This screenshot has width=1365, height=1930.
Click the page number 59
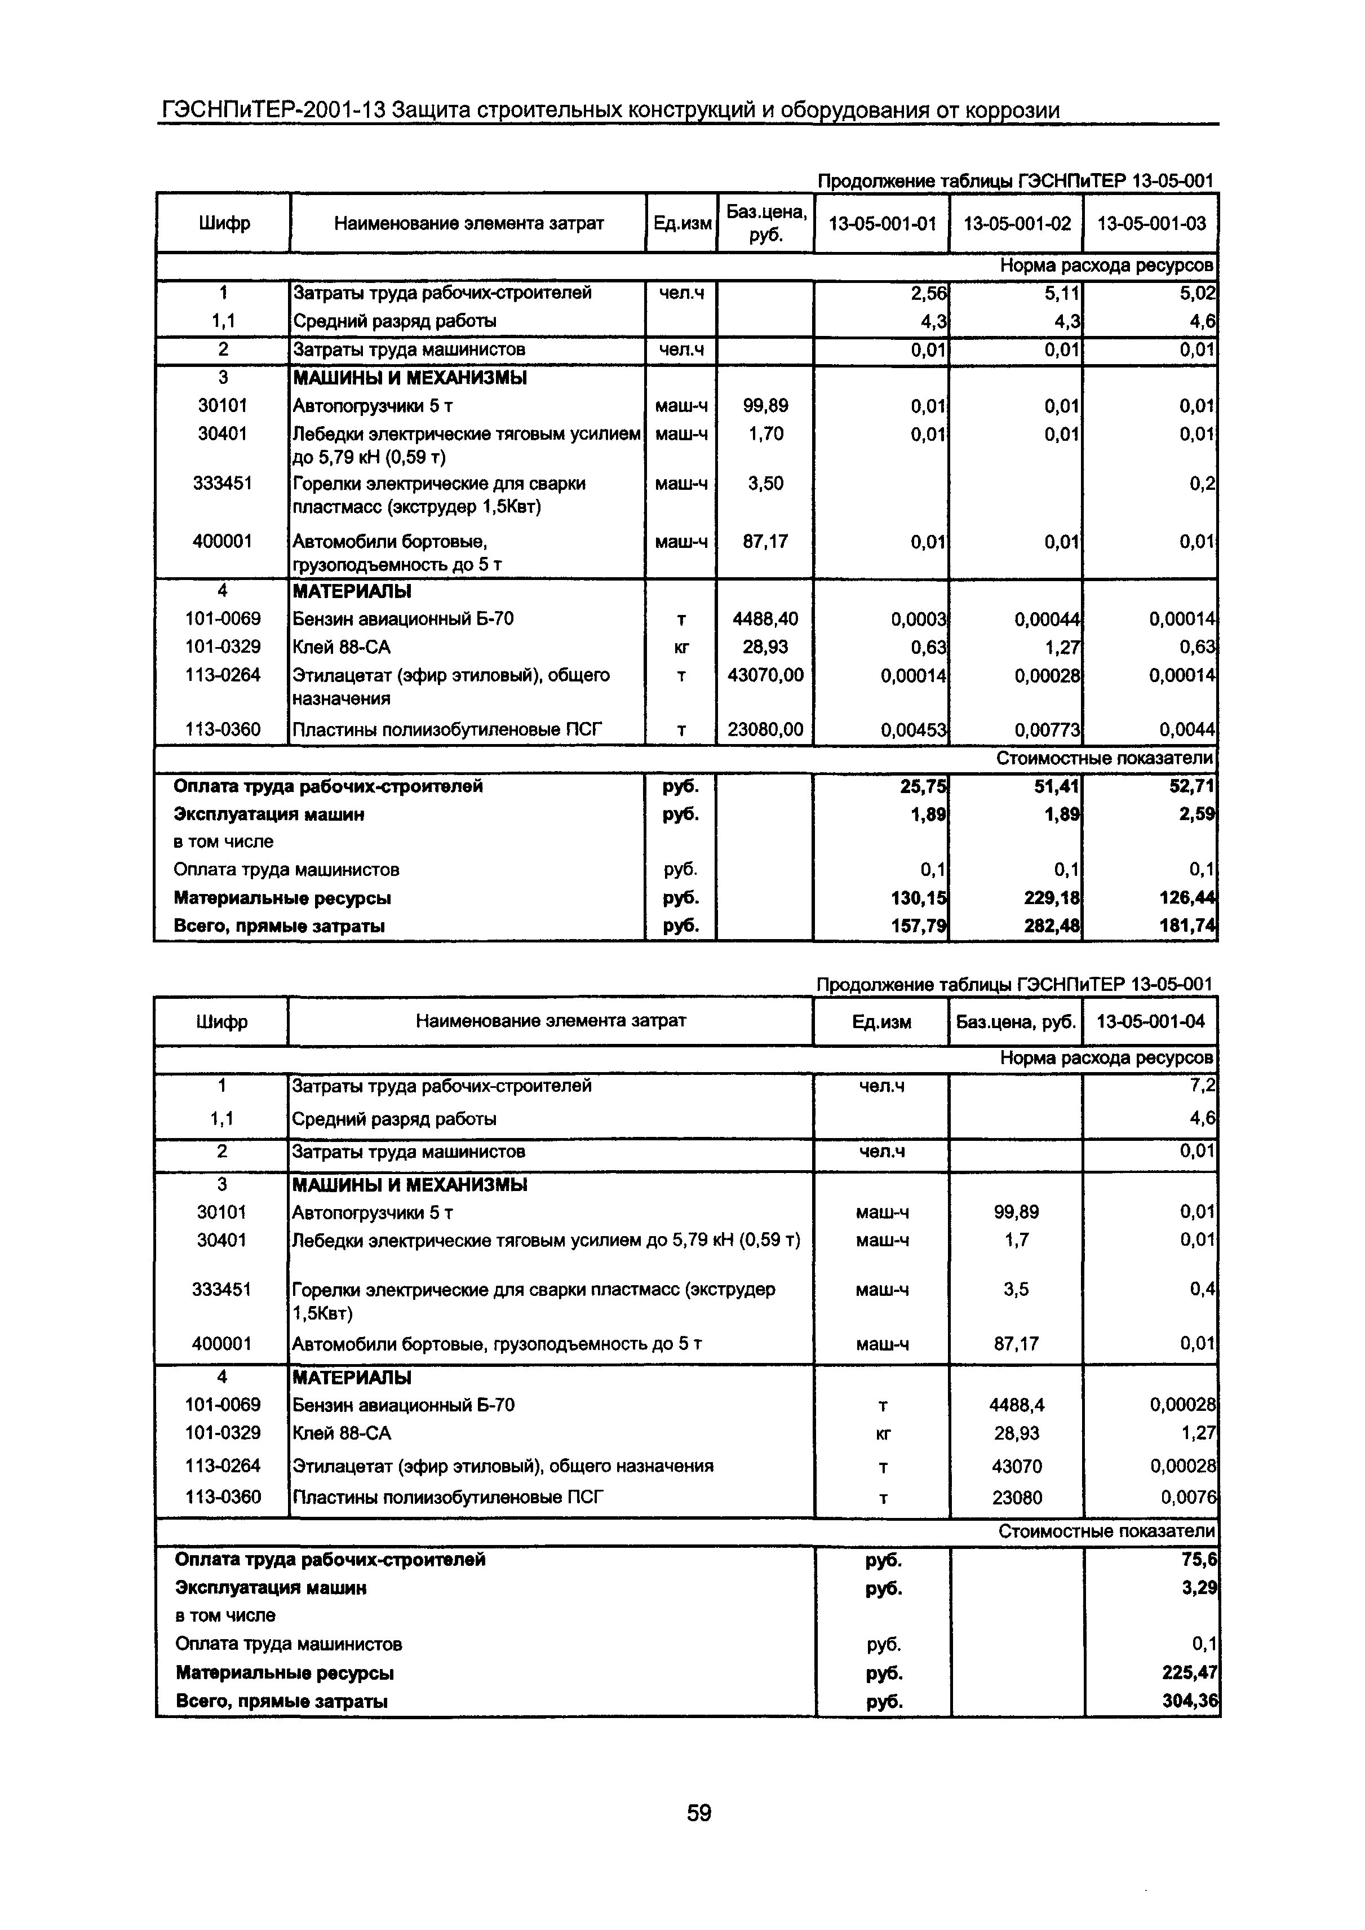pyautogui.click(x=698, y=1812)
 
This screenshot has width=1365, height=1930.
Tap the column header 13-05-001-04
pyautogui.click(x=1151, y=1021)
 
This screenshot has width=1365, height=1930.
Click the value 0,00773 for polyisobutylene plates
pyautogui.click(x=1047, y=731)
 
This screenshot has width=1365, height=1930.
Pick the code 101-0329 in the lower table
pyautogui.click(x=223, y=1432)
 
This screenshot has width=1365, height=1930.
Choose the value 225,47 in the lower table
pyautogui.click(x=1190, y=1673)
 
